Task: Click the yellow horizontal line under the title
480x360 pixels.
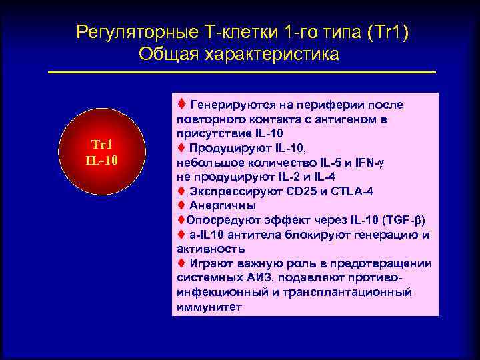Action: (241, 72)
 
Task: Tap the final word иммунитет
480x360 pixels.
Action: (210, 306)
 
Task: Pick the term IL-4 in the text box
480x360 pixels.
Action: (324, 177)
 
